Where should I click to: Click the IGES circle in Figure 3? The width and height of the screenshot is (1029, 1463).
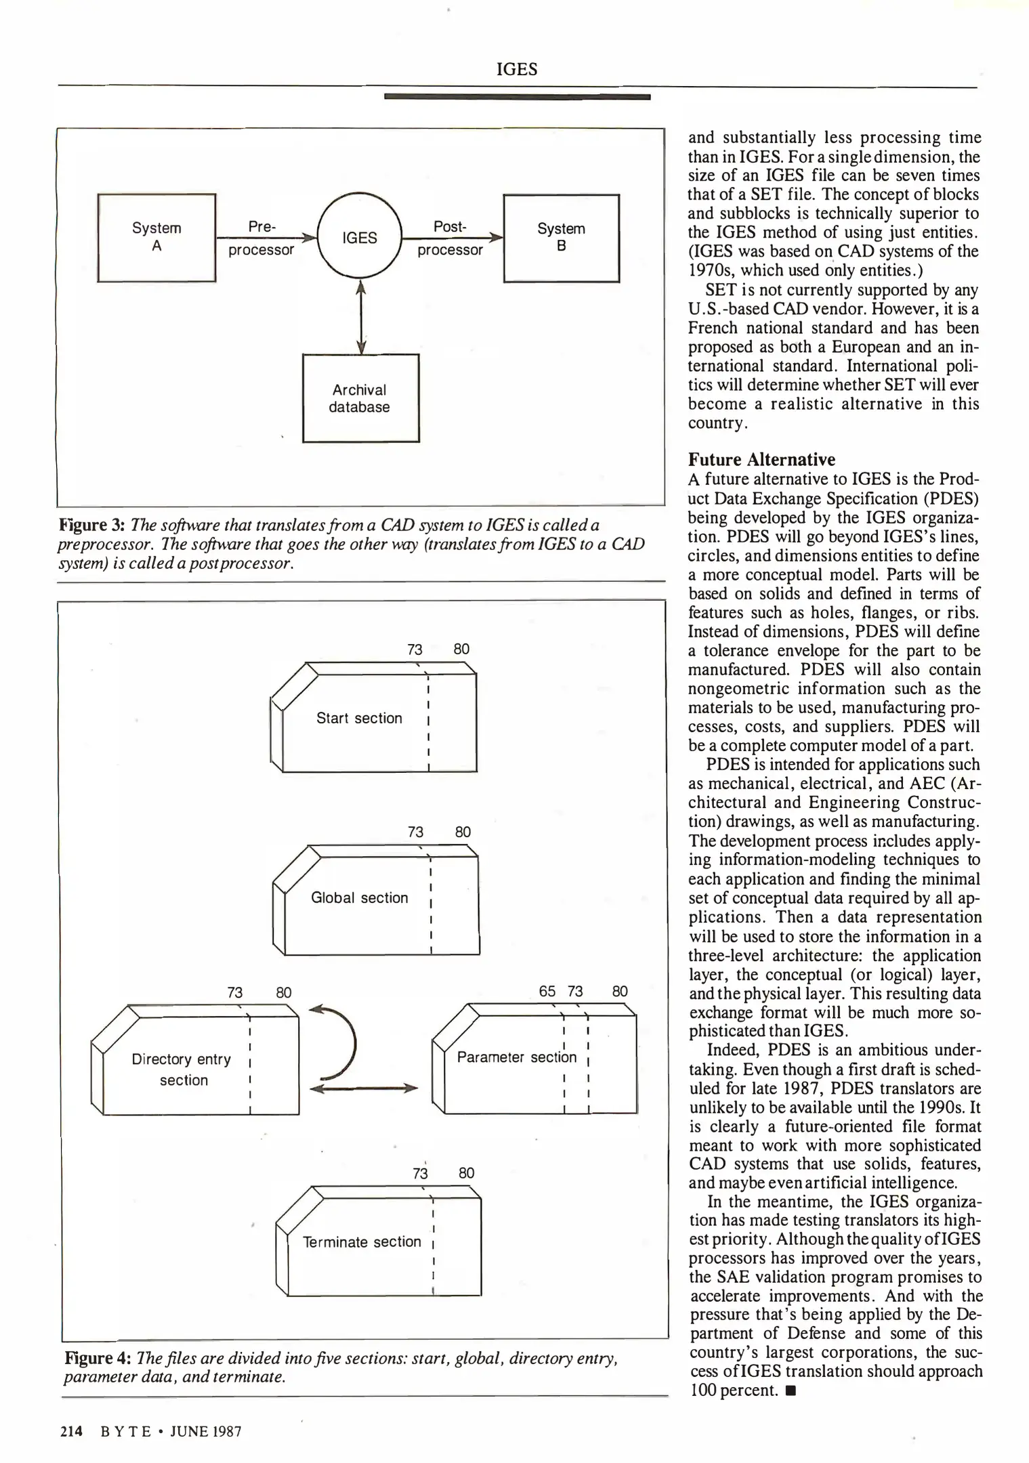(359, 238)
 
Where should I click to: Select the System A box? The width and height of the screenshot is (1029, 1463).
(156, 238)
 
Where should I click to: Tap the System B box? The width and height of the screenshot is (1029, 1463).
(561, 238)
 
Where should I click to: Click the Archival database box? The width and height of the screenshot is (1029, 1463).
(360, 398)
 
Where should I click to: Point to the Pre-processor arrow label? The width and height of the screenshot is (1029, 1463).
(261, 238)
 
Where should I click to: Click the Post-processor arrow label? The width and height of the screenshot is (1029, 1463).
(450, 238)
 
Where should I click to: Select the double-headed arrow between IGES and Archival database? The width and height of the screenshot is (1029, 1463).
(361, 317)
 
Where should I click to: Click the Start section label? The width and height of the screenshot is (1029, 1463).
(359, 718)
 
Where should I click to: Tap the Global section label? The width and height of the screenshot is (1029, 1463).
(359, 897)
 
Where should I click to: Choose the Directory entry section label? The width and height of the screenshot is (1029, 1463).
(182, 1069)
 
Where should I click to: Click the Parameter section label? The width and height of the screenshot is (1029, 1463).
(516, 1057)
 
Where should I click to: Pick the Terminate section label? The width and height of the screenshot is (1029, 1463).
(362, 1242)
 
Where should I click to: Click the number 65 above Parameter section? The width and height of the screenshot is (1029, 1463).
(547, 992)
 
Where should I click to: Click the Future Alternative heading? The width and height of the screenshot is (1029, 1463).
(761, 459)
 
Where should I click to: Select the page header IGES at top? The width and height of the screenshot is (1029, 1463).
(516, 69)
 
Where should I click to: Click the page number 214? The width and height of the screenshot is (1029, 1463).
(71, 1431)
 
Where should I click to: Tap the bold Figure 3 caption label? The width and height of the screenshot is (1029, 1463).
(91, 525)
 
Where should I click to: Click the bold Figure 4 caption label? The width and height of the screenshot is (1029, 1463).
(98, 1358)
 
